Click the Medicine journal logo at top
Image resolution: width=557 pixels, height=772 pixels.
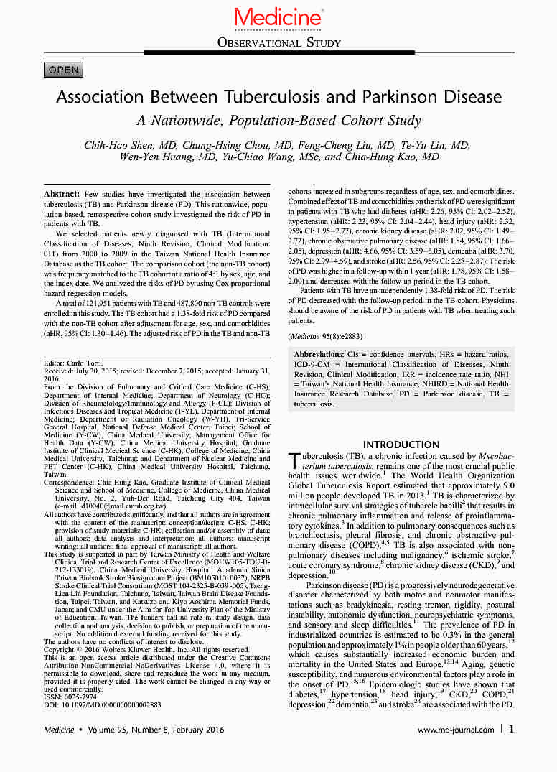tap(278, 17)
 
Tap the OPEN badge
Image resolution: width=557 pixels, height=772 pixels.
tap(64, 70)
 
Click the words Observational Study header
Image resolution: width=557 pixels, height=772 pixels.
tap(278, 43)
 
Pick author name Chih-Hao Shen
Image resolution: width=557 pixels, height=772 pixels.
tap(124, 145)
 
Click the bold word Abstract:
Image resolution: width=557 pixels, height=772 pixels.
tap(61, 195)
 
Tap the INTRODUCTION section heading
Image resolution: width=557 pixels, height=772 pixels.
tap(401, 445)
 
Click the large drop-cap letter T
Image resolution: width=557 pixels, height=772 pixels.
tap(293, 460)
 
